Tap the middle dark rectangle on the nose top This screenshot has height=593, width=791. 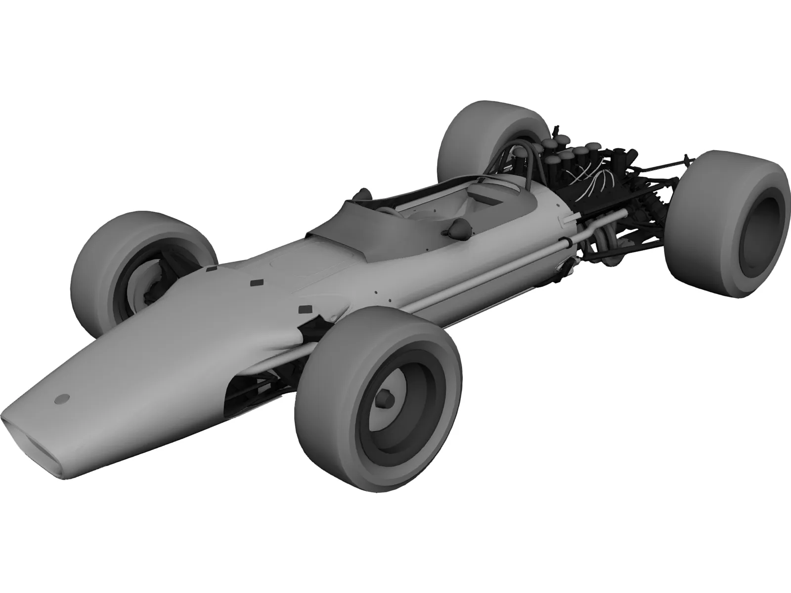(x=257, y=283)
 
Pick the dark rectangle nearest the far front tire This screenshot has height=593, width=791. (x=211, y=270)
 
